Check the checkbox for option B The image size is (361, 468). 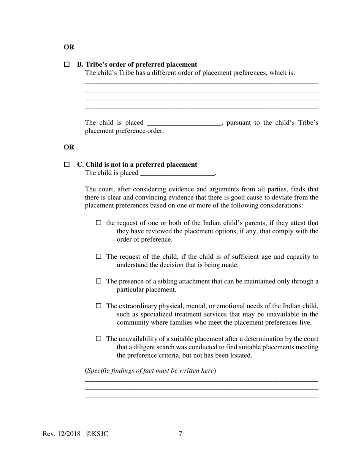point(67,65)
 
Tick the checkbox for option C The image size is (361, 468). point(67,165)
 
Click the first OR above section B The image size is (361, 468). point(69,47)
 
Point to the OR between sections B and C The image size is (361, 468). point(69,147)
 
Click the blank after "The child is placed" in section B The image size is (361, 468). point(184,123)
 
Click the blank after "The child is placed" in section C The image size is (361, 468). point(177,173)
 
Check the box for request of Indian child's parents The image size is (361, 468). point(99,223)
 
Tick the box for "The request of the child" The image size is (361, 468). point(99,256)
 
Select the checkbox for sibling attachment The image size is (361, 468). point(99,281)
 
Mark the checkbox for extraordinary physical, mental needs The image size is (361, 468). point(99,306)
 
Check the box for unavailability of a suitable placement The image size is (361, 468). point(99,338)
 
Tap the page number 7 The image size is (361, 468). point(180,434)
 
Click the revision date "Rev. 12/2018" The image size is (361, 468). point(62,434)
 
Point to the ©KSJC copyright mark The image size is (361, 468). point(97,434)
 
